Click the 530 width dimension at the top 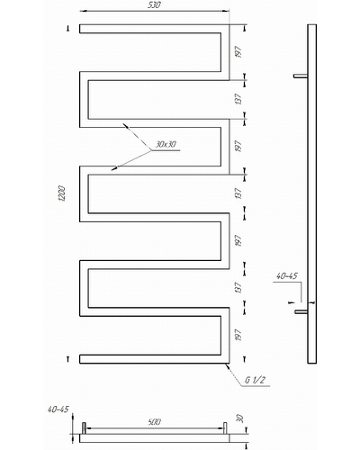(154, 5)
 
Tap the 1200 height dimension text (62, 193)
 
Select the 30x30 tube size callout (166, 144)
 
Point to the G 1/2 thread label (255, 380)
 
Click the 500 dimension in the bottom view (155, 422)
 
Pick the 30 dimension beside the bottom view (240, 418)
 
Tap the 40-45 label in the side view (287, 275)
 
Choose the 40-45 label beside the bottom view (58, 409)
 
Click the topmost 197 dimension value (238, 52)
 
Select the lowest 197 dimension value (238, 335)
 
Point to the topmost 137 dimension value (238, 99)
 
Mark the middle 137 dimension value (238, 193)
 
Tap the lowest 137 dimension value (238, 287)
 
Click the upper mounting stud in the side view (301, 76)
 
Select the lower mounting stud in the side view (301, 312)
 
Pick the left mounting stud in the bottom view (84, 428)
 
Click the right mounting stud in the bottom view (225, 428)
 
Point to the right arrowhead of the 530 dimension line (226, 11)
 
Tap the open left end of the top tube (80, 29)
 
